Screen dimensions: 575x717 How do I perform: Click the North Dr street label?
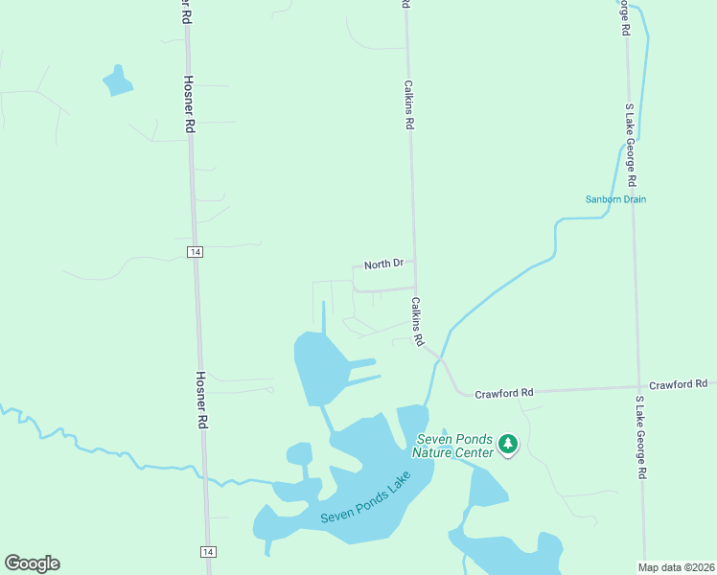pos(383,264)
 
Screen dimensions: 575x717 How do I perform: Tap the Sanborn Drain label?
pos(616,199)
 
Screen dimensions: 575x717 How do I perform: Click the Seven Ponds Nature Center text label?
pos(453,446)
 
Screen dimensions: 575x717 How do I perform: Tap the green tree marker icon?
pos(508,445)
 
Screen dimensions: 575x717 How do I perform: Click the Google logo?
pos(32,563)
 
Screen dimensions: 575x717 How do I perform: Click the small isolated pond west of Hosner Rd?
pos(118,81)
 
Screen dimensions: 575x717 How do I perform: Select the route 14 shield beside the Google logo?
pos(207,551)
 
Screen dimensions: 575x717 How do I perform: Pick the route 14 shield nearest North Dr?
pos(195,252)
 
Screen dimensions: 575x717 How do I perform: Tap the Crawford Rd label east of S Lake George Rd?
pos(679,384)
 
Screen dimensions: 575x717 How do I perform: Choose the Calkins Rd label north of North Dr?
pos(409,104)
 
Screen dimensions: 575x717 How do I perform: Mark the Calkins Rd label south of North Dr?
pos(418,321)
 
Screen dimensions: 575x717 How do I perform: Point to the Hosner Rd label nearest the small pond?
pos(190,104)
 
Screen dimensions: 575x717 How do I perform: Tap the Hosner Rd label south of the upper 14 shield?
pos(201,400)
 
